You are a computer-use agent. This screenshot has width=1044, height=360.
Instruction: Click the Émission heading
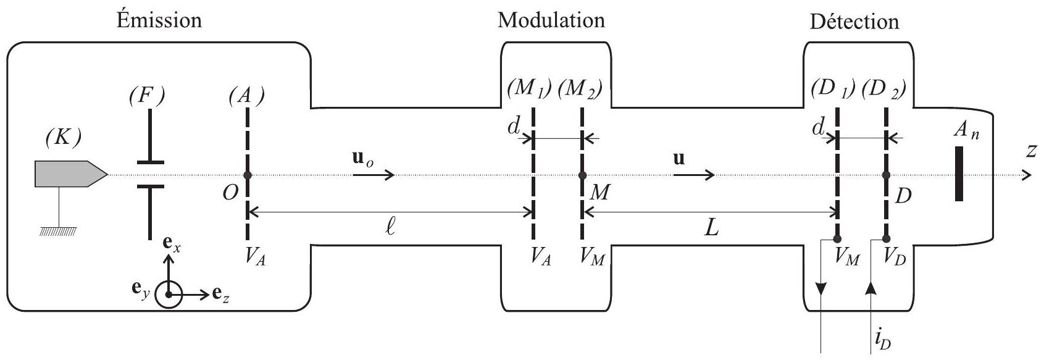(x=159, y=20)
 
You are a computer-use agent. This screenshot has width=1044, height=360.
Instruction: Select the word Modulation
(x=551, y=20)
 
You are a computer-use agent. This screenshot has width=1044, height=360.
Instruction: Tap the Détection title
(x=854, y=22)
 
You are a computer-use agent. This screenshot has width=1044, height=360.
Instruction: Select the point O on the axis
(x=247, y=175)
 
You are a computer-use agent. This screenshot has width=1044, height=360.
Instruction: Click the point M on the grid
(x=582, y=175)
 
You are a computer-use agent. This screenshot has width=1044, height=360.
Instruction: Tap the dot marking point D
(x=886, y=175)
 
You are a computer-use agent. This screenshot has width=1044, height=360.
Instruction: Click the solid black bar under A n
(x=959, y=174)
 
